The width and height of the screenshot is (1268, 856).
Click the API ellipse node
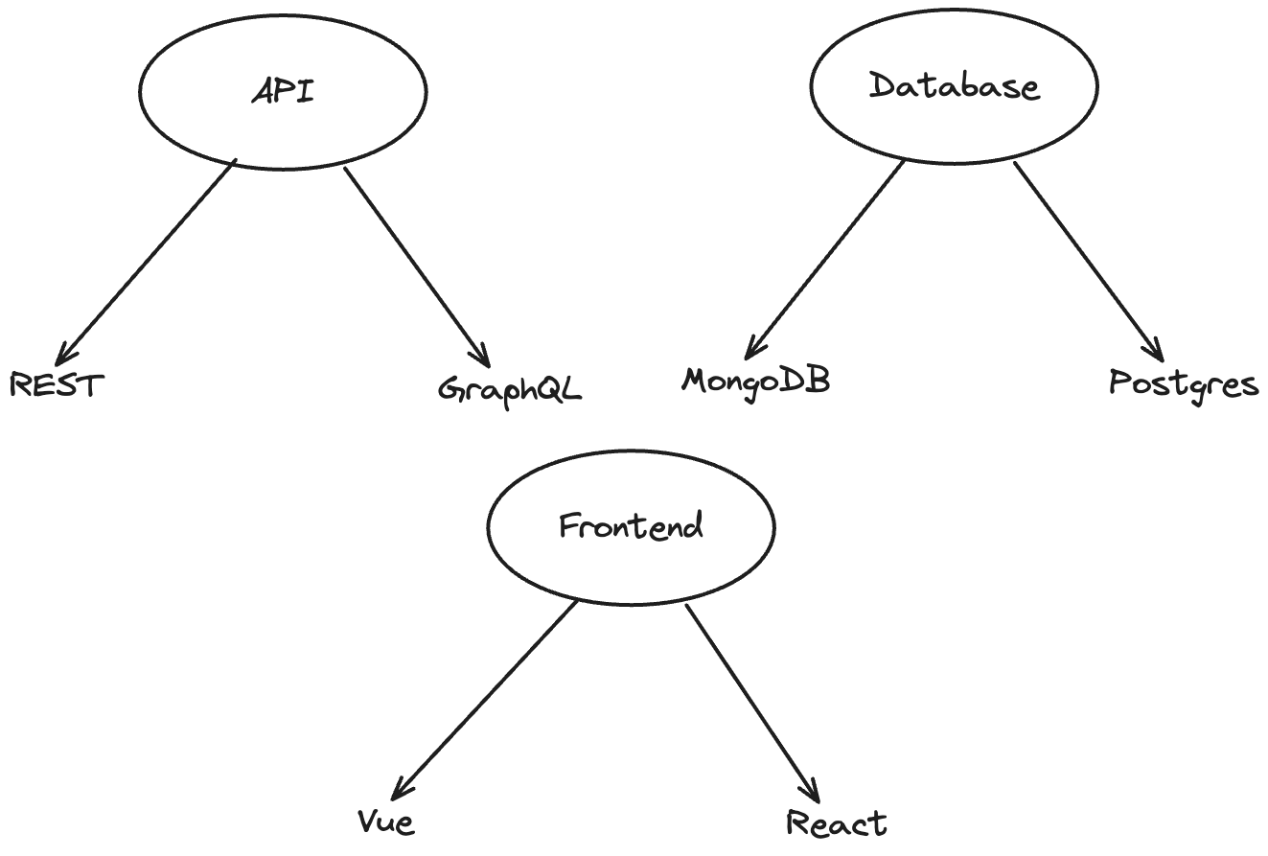[283, 91]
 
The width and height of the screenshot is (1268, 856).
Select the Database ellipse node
[954, 87]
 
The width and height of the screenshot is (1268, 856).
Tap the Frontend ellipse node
[631, 526]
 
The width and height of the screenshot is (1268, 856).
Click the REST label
[57, 385]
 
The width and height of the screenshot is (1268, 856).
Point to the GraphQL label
[510, 389]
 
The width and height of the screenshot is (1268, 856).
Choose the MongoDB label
[755, 381]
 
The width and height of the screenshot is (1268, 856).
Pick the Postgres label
[1184, 384]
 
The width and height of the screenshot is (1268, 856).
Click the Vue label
[386, 821]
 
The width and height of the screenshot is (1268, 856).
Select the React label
[837, 822]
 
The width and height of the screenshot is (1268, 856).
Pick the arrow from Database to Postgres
[1088, 259]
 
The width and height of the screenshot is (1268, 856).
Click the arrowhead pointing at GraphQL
[486, 360]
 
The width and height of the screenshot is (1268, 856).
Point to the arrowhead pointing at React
[816, 797]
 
